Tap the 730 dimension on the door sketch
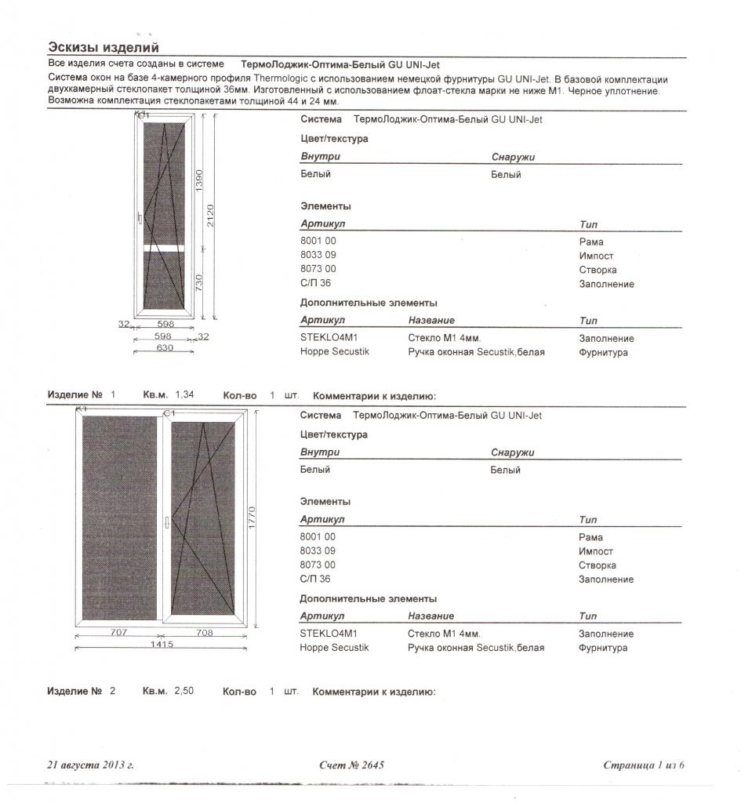coord(199,282)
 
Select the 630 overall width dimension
coord(165,348)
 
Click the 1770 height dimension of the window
coord(252,518)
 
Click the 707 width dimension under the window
coord(119,631)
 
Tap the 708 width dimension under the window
coord(205,631)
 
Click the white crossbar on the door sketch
coord(164,248)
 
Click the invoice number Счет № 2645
coord(352,765)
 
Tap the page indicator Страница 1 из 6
coord(644,765)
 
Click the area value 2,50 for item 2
coord(183,692)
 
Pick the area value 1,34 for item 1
coord(184,396)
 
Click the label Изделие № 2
coord(82,692)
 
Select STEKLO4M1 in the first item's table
coord(329,338)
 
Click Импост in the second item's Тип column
coord(596,551)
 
